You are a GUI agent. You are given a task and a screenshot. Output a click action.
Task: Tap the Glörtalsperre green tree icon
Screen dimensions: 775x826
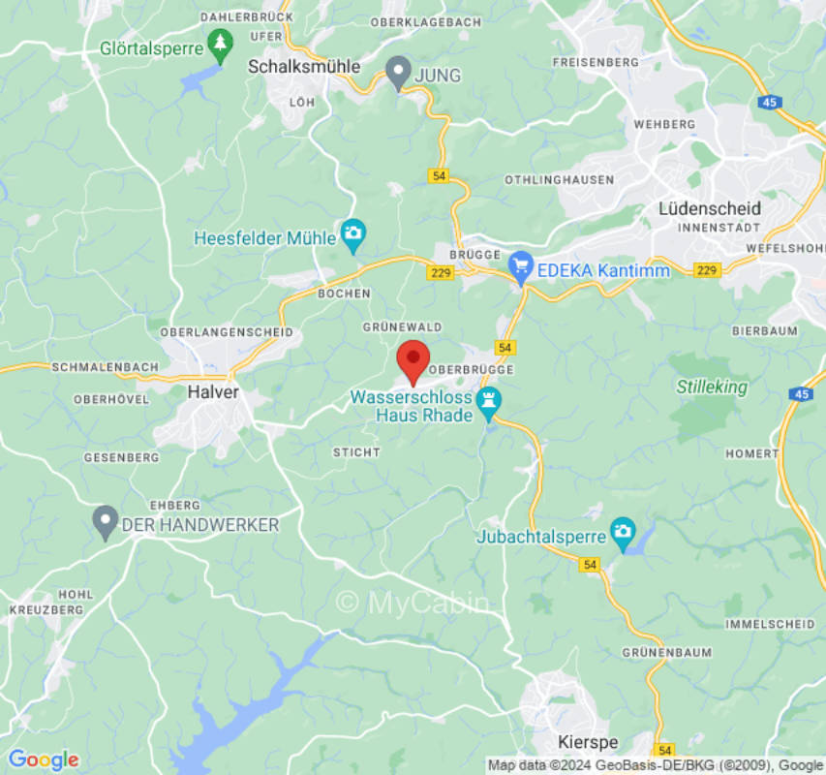221,45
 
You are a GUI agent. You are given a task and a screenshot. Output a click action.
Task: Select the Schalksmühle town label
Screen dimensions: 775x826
304,67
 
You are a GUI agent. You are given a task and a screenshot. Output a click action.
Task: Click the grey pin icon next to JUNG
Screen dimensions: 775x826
398,71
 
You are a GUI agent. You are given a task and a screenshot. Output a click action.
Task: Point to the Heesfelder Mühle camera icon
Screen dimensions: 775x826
352,233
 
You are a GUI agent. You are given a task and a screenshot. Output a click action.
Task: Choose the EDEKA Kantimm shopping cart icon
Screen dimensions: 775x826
522,264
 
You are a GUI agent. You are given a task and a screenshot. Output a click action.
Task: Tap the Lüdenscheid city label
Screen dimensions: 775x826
709,208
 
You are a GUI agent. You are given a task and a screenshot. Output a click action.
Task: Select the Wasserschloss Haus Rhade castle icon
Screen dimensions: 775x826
491,400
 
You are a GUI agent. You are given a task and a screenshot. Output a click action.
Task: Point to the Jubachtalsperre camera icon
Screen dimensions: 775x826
622,531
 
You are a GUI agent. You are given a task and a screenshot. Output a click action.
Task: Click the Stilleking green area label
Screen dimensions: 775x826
712,387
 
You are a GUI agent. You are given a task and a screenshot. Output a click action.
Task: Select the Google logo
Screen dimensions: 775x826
43,759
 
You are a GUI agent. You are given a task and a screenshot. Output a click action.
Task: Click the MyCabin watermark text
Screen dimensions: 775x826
414,602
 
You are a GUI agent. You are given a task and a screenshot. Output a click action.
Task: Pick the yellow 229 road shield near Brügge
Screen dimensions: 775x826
440,273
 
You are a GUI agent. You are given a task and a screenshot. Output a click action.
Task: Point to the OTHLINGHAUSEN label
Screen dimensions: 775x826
559,180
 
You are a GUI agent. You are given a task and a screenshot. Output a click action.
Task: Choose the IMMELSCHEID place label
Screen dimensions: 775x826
770,624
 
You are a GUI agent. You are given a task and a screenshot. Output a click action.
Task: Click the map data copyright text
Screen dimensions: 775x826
655,765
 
